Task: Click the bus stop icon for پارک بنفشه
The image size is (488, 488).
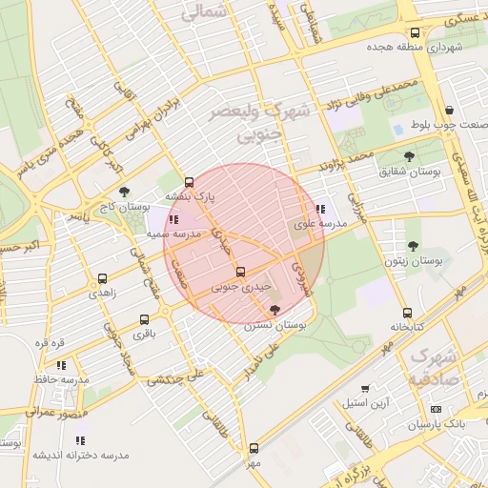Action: [188, 181]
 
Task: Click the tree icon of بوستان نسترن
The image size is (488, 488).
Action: [275, 310]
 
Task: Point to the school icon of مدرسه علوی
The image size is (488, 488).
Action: [319, 209]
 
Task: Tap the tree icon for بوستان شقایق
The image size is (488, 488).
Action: [410, 156]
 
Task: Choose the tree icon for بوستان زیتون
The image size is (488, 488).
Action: [413, 246]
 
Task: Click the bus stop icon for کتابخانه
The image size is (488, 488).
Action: [407, 313]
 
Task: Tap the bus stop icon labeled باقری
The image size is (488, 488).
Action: [144, 319]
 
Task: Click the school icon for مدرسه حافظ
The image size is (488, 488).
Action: [61, 364]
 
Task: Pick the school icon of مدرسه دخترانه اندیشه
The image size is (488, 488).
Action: [80, 439]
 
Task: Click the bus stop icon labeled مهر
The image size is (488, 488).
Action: [253, 447]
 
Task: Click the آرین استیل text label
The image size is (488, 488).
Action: [367, 404]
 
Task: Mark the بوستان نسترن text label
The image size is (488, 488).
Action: [275, 326]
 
